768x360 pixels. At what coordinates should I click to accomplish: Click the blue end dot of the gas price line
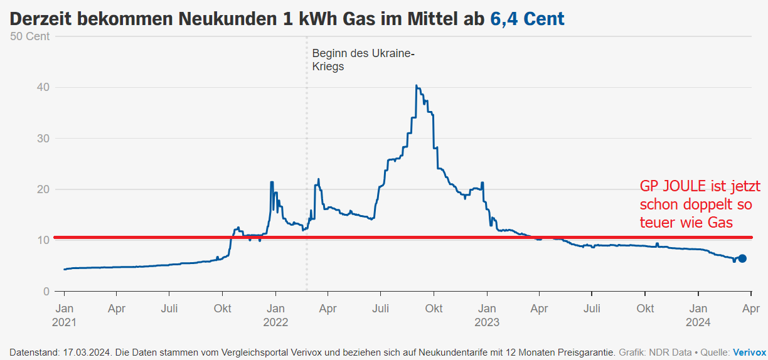pyautogui.click(x=742, y=258)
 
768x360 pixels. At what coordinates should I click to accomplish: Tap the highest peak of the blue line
pyautogui.click(x=416, y=86)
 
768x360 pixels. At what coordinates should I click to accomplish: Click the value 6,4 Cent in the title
pyautogui.click(x=527, y=19)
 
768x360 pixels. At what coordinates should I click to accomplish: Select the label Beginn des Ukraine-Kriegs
pyautogui.click(x=363, y=60)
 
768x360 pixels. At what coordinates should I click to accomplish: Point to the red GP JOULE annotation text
pyautogui.click(x=700, y=204)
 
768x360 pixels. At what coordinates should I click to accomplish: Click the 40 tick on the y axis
pyautogui.click(x=43, y=87)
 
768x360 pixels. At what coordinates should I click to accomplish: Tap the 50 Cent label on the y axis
pyautogui.click(x=30, y=36)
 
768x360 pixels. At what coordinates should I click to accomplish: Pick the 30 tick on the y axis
pyautogui.click(x=43, y=138)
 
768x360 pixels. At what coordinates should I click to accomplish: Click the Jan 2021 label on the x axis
pyautogui.click(x=64, y=315)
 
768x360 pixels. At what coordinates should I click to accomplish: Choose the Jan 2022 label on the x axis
pyautogui.click(x=275, y=315)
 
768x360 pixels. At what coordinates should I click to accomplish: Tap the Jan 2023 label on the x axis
pyautogui.click(x=487, y=315)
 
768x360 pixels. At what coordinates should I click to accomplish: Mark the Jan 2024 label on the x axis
pyautogui.click(x=698, y=315)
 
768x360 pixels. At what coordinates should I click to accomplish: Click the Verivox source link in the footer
pyautogui.click(x=749, y=352)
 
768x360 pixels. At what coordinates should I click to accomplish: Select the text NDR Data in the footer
pyautogui.click(x=667, y=352)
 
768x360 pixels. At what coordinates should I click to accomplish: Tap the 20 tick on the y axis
pyautogui.click(x=43, y=189)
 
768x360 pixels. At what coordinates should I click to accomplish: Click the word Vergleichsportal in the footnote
pyautogui.click(x=247, y=352)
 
